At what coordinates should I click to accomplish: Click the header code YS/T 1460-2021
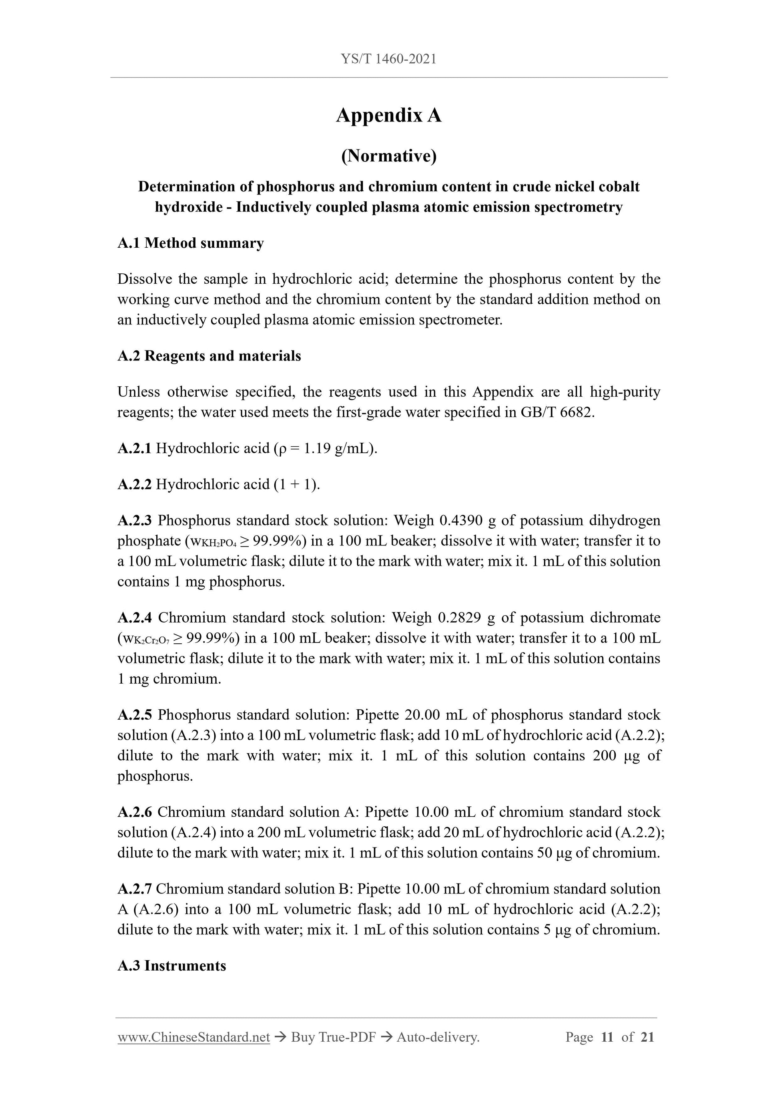388,59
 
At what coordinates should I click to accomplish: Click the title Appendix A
388,115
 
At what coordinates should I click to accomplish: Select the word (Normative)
388,156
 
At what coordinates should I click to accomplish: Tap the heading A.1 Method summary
190,243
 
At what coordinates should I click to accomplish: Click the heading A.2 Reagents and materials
209,356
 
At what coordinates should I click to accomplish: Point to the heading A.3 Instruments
172,965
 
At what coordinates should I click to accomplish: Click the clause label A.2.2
134,484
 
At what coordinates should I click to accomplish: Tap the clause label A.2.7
134,889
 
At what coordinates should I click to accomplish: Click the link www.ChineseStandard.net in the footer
194,1037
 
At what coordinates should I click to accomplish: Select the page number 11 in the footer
607,1037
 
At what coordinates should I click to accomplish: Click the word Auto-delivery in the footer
438,1037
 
